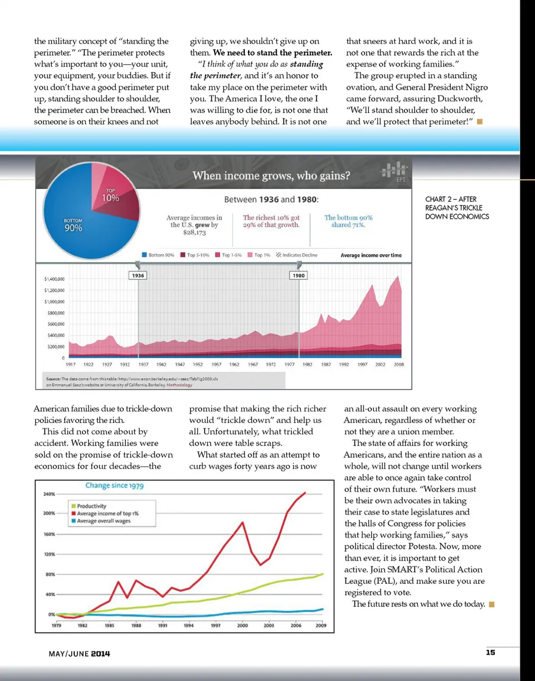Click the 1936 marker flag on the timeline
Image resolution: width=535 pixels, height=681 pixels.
click(138, 275)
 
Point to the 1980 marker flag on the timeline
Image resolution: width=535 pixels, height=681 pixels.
click(298, 275)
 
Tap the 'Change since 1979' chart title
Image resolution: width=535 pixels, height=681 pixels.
click(114, 485)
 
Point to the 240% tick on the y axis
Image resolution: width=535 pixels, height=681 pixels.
click(48, 494)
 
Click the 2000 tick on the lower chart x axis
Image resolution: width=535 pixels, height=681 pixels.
click(242, 626)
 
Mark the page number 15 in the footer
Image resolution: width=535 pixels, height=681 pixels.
click(490, 653)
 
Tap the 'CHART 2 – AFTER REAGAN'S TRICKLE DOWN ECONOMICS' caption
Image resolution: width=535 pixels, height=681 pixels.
click(457, 207)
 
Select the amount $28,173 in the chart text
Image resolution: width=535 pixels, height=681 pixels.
click(194, 232)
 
